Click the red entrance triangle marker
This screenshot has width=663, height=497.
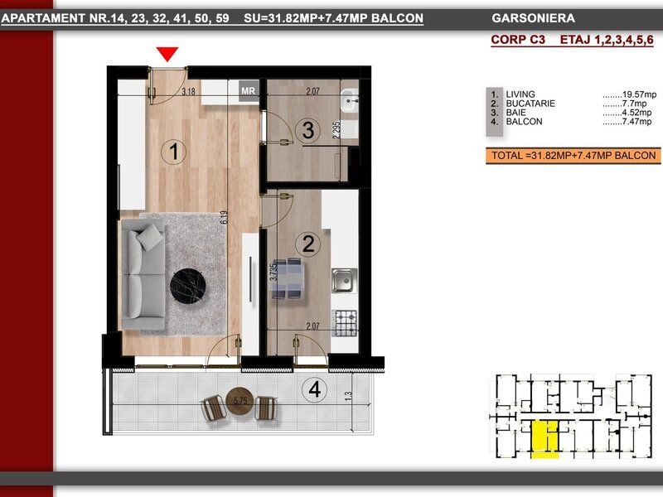tap(167, 54)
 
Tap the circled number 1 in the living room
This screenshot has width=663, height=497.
tap(173, 152)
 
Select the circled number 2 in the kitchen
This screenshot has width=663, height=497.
tap(308, 244)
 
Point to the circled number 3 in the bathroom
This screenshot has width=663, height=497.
tap(308, 130)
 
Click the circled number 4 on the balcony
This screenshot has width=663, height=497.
tap(315, 389)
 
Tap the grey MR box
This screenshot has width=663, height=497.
tap(248, 91)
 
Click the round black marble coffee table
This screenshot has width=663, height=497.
tap(188, 286)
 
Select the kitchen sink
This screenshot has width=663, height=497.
tap(344, 280)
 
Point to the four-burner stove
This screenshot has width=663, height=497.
tap(345, 323)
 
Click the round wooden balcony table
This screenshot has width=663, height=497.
tap(240, 401)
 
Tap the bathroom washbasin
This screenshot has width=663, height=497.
tap(350, 100)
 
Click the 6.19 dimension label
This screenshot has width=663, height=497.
tap(224, 217)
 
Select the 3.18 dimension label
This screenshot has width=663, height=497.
tap(188, 91)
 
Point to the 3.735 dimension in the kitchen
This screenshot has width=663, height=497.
tap(273, 272)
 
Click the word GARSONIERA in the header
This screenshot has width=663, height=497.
tap(533, 18)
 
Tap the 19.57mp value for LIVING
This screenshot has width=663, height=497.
tap(630, 94)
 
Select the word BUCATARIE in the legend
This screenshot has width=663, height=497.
tap(530, 104)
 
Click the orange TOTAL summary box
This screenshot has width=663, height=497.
tap(573, 156)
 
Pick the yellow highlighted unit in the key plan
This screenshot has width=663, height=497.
tap(545, 439)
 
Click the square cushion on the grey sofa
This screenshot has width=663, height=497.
tap(150, 237)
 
